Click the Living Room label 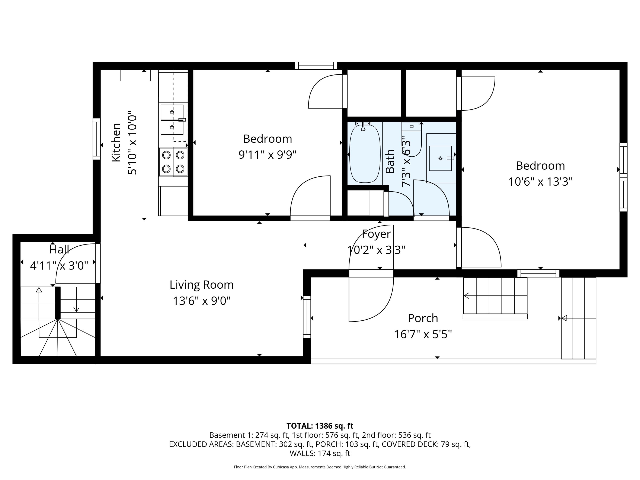(x=201, y=285)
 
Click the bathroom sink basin (x=440, y=158)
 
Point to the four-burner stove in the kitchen (x=173, y=162)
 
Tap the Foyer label (x=376, y=234)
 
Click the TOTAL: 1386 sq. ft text (x=320, y=426)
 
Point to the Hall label (x=59, y=249)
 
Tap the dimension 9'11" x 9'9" (x=267, y=155)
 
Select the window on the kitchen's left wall (x=97, y=139)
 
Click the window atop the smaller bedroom (x=316, y=66)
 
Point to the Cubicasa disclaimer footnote (x=320, y=467)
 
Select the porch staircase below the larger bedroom (x=495, y=296)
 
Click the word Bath (x=390, y=161)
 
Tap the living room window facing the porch (x=307, y=317)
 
